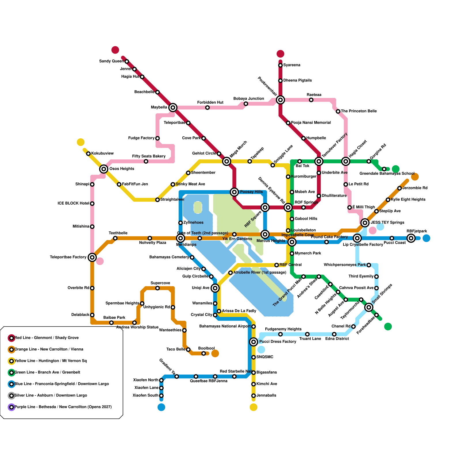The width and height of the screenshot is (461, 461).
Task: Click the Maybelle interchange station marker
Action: tap(173, 107)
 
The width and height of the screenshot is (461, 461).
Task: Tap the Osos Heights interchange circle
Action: tap(104, 169)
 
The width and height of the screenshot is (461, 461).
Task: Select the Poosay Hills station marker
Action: tap(235, 192)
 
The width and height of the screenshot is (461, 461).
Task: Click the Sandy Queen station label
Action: tap(112, 61)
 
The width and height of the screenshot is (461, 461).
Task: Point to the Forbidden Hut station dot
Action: tap(207, 108)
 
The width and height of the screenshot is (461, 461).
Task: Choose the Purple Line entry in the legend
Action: tap(63, 407)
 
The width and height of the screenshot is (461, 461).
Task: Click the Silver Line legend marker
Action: tap(12, 396)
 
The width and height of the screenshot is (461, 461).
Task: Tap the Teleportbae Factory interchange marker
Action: tap(92, 257)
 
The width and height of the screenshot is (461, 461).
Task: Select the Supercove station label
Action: tap(160, 283)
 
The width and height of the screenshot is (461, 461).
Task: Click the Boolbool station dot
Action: tap(204, 354)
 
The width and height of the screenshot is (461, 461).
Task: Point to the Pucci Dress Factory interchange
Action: tap(254, 342)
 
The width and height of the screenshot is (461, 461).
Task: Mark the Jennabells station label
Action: tap(266, 396)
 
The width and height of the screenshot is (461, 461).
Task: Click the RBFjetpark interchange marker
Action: tap(411, 238)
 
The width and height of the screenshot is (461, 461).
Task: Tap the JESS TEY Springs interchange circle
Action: tap(365, 223)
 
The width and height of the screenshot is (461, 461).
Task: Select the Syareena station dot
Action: tap(280, 65)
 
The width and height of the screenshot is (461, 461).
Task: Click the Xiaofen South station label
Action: tap(146, 396)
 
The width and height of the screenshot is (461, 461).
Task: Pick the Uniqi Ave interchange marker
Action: tap(215, 288)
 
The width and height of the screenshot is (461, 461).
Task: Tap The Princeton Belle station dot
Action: tap(338, 112)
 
